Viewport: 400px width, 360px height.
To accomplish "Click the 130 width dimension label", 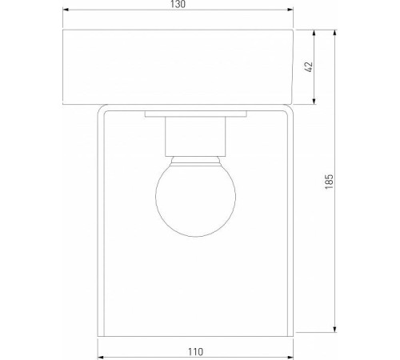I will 178,6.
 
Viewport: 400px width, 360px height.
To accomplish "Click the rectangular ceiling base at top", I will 178,68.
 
